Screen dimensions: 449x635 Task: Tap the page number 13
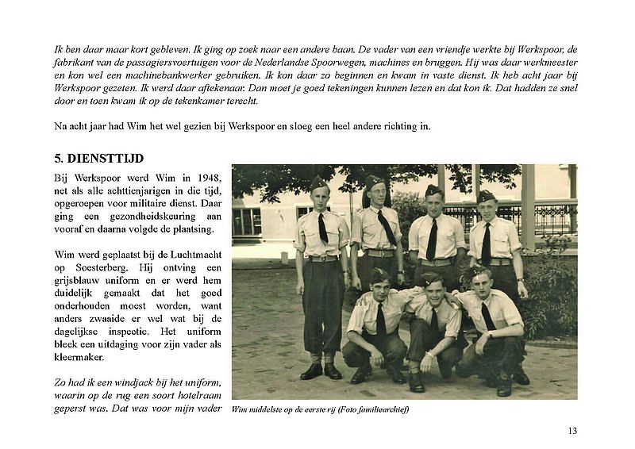tap(572, 431)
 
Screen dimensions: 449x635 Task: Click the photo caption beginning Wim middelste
tap(320, 409)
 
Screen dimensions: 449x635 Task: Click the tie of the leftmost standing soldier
tap(323, 228)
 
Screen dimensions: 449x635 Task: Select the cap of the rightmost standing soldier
tap(486, 195)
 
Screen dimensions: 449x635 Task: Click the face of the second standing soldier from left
tap(376, 195)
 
